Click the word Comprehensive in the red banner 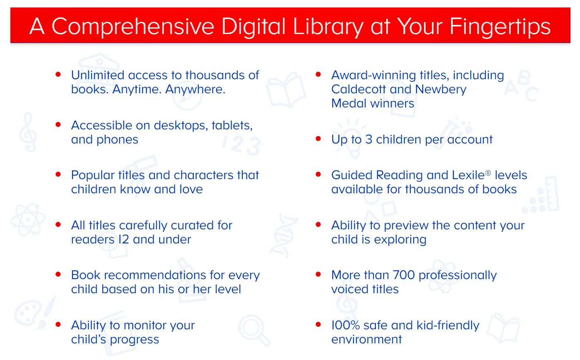(133, 27)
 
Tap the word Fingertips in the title (500, 27)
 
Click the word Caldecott (358, 89)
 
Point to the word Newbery (441, 89)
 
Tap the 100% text (346, 325)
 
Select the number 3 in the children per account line (369, 140)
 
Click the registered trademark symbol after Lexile (488, 173)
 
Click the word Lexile (468, 175)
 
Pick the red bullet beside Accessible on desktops (58, 125)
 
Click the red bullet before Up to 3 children (318, 139)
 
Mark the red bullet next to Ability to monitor (58, 325)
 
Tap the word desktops (181, 126)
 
